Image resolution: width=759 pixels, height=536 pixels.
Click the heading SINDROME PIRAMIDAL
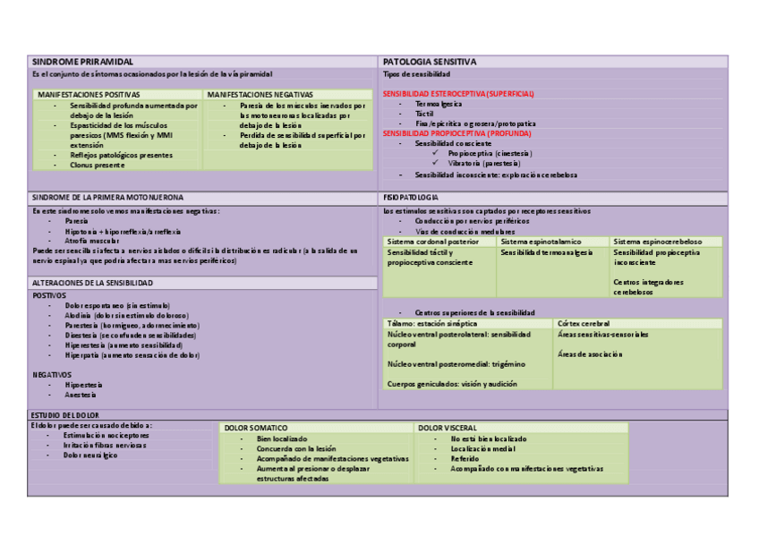(x=76, y=62)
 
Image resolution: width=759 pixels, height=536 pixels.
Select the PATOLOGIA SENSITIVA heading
(x=430, y=62)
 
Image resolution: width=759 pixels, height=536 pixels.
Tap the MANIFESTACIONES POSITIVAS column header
(x=89, y=94)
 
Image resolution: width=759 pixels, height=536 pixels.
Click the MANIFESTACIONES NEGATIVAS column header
(x=260, y=94)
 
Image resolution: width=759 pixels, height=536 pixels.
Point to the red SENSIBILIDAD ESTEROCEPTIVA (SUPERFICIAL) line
(x=458, y=94)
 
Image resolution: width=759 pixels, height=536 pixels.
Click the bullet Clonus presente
(x=98, y=165)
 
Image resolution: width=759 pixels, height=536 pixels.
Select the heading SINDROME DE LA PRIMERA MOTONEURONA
(x=107, y=197)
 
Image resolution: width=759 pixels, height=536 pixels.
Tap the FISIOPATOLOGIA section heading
(x=411, y=197)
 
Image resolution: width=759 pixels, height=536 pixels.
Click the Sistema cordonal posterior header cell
(x=433, y=242)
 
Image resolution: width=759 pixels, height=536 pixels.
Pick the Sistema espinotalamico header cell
(x=541, y=242)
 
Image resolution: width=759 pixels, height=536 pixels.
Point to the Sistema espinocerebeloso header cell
(x=657, y=242)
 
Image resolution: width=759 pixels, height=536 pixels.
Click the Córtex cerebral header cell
(x=584, y=323)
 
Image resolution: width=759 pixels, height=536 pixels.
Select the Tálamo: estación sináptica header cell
(x=432, y=323)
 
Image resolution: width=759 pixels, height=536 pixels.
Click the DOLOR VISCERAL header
(x=448, y=428)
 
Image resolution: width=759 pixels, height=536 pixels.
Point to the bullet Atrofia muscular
(x=92, y=241)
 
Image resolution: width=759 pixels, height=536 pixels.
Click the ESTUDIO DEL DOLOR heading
(x=64, y=415)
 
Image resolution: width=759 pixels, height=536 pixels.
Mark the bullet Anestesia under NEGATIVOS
(x=81, y=395)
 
